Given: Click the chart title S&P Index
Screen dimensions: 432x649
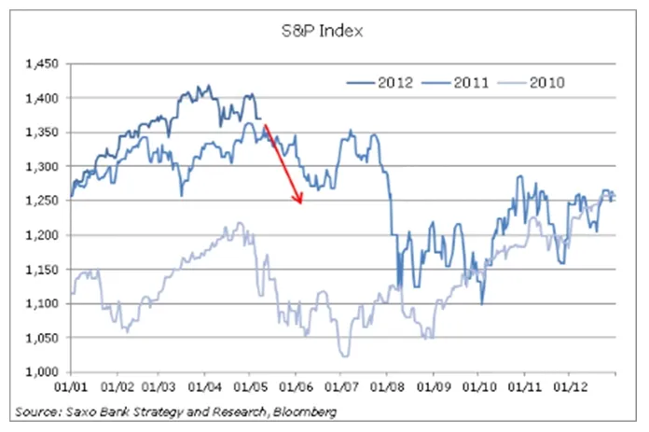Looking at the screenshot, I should pos(324,31).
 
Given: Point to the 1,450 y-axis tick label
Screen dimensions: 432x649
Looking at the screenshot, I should pos(40,63).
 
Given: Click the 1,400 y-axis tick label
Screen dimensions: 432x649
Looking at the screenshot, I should pos(40,98).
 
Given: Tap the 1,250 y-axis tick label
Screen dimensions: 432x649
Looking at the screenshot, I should pos(40,201).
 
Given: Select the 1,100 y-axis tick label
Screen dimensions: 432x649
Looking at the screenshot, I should pos(40,303).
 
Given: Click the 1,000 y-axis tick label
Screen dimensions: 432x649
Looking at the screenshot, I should pos(40,371).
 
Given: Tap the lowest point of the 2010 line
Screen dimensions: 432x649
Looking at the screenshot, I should pos(344,355).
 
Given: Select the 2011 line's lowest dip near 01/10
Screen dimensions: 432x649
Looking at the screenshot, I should pos(482,303).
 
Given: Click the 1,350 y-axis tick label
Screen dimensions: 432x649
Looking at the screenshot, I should pos(40,132).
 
